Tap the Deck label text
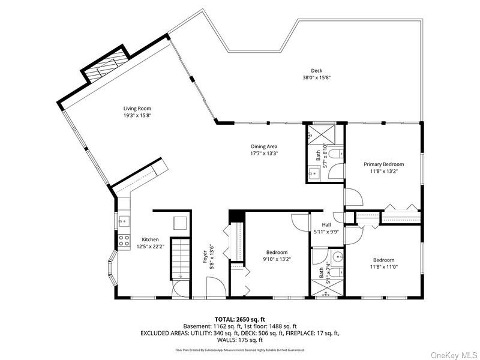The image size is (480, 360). pyautogui.click(x=316, y=71)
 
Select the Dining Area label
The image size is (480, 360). pyautogui.click(x=264, y=146)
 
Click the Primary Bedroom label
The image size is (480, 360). pyautogui.click(x=383, y=164)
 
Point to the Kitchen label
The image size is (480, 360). pyautogui.click(x=150, y=239)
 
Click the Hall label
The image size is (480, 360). pyautogui.click(x=326, y=224)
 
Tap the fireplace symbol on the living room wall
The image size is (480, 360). pyautogui.click(x=106, y=66)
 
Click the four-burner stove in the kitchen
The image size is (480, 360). pyautogui.click(x=124, y=241)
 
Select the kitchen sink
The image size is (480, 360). pyautogui.click(x=124, y=220)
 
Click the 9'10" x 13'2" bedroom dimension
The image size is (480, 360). pyautogui.click(x=277, y=259)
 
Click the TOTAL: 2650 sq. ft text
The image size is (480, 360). pyautogui.click(x=240, y=319)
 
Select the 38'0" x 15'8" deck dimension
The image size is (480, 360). pyautogui.click(x=316, y=77)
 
